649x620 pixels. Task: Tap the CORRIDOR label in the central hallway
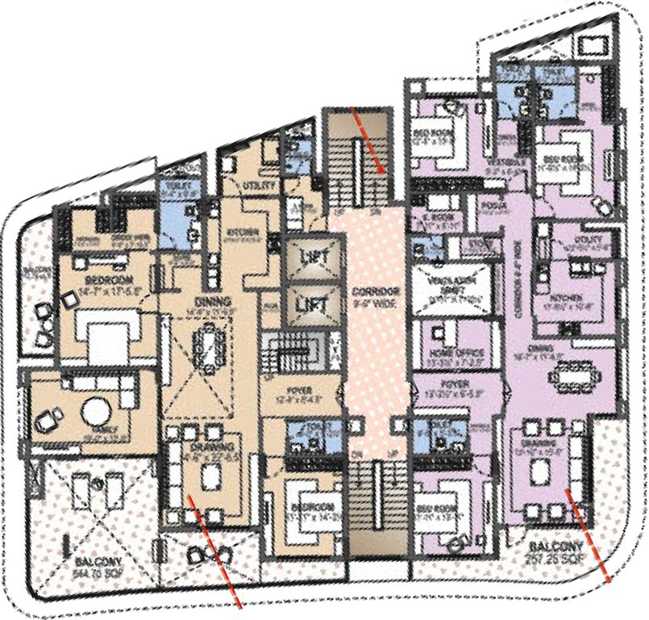pos(371,290)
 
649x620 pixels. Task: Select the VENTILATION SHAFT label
pos(443,281)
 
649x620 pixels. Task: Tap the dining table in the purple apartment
pos(575,375)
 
